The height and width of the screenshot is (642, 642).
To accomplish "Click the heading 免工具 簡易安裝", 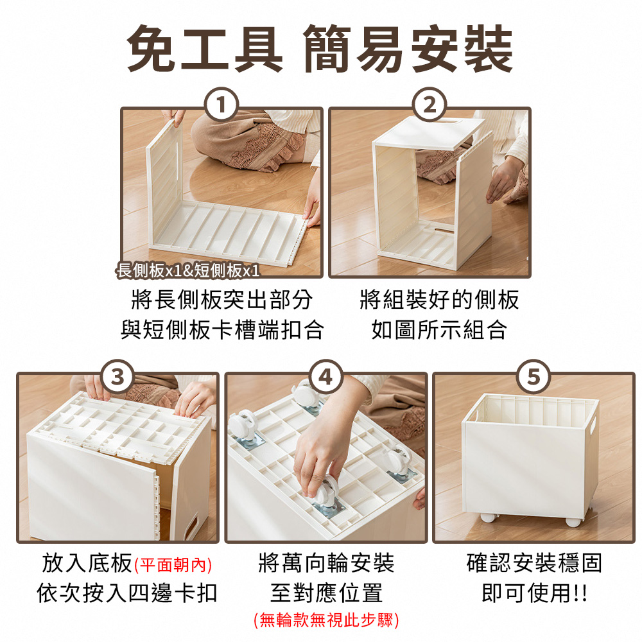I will [320, 49].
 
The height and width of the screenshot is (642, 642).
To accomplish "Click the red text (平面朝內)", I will [173, 565].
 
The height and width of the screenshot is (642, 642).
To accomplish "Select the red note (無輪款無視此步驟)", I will [326, 620].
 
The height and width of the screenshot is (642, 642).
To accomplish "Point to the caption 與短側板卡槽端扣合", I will [222, 330].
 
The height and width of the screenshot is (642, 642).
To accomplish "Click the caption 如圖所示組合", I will [440, 330].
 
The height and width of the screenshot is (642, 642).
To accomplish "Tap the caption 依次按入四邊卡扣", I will [127, 593].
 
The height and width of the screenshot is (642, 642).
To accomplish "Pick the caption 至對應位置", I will [326, 593].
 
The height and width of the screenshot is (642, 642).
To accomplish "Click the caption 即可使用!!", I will [534, 593].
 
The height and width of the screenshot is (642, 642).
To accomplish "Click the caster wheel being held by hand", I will [327, 491].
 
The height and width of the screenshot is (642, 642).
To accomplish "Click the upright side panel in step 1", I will [165, 186].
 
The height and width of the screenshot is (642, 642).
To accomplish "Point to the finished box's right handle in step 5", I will [591, 424].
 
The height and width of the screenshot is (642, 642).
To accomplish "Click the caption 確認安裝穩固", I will [534, 564].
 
